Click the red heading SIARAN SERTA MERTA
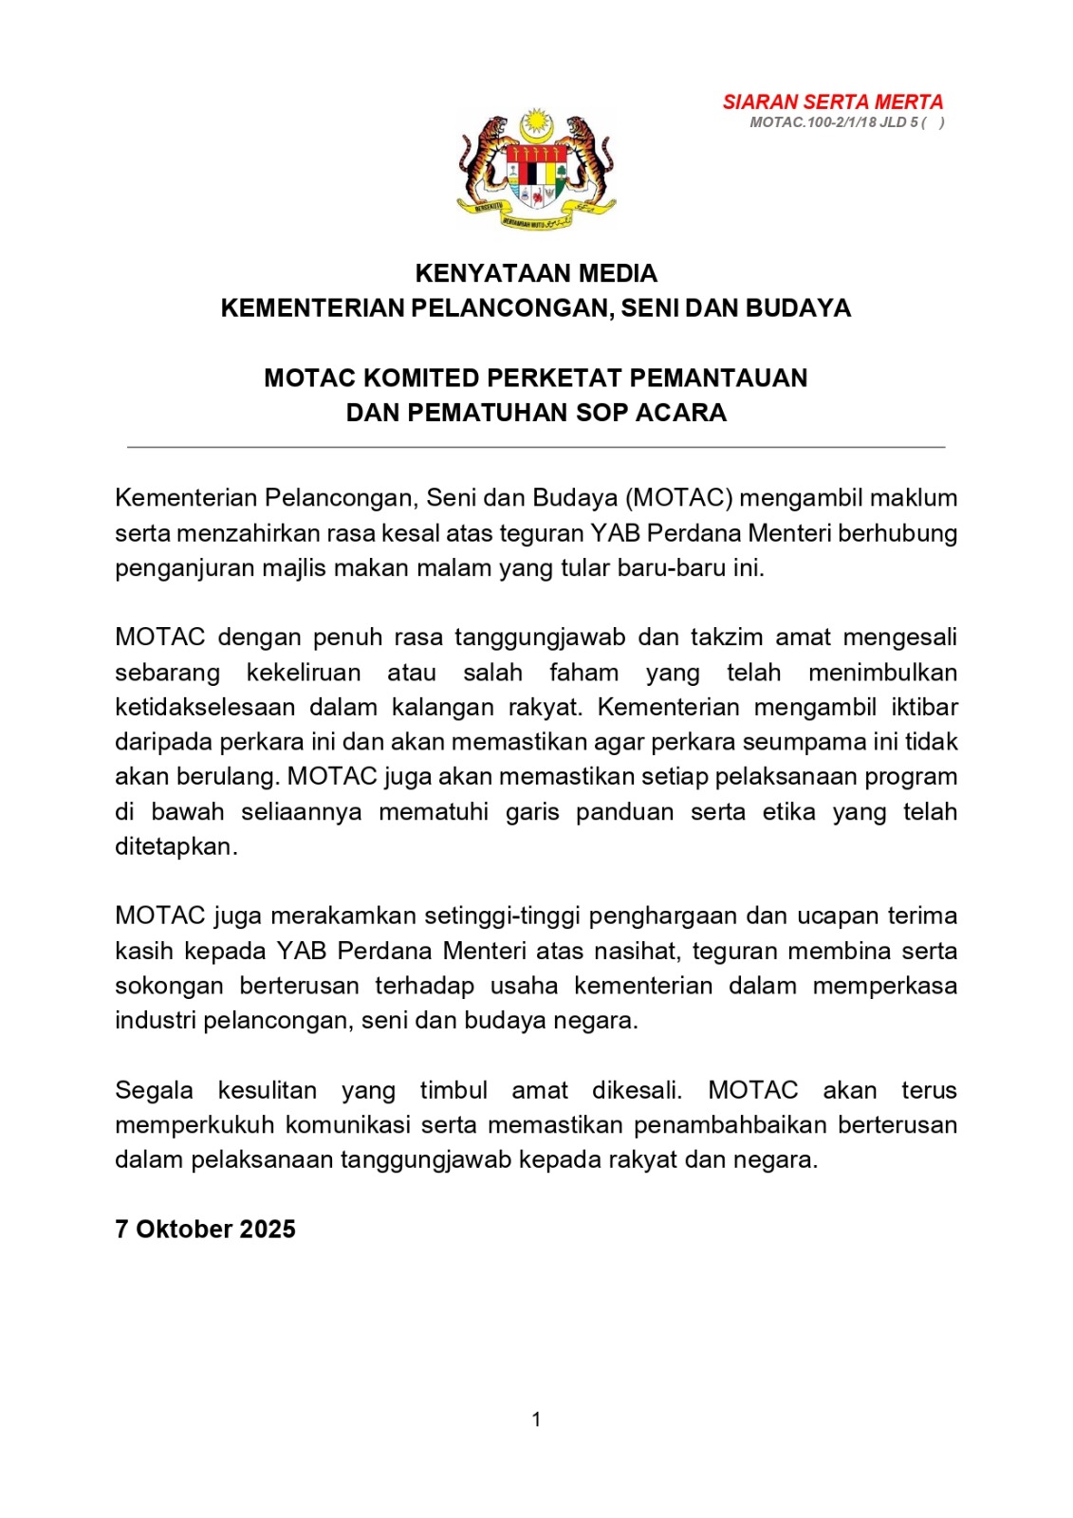832,102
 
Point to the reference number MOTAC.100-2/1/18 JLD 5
834,122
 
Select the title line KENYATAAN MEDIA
536,273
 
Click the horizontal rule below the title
536,446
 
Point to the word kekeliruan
304,673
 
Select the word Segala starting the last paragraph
154,1090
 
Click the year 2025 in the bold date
268,1230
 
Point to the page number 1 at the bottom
536,1419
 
